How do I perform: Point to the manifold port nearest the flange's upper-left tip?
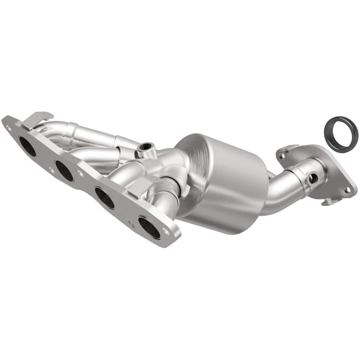click(x=28, y=146)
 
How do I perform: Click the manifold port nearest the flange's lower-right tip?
click(x=149, y=227)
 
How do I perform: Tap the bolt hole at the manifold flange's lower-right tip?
click(x=166, y=232)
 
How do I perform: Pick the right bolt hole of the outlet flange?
click(x=348, y=190)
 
